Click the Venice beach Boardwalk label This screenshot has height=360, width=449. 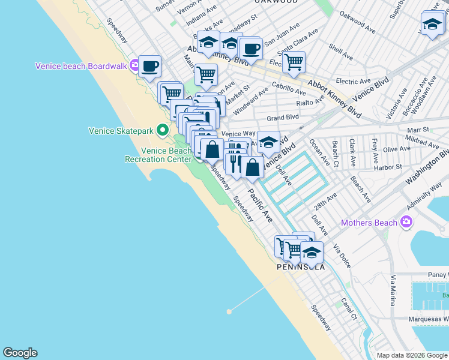coord(81,66)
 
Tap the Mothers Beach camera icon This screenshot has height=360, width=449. coord(407,223)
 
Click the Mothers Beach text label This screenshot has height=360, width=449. coord(369,223)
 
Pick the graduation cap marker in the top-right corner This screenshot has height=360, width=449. coord(432,24)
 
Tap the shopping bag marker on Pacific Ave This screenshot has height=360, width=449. coord(253,167)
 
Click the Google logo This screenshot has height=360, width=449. coord(20,353)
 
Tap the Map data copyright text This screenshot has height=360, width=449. coord(412,355)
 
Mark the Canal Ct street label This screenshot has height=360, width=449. coord(349,308)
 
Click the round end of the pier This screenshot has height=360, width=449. coord(229,311)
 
